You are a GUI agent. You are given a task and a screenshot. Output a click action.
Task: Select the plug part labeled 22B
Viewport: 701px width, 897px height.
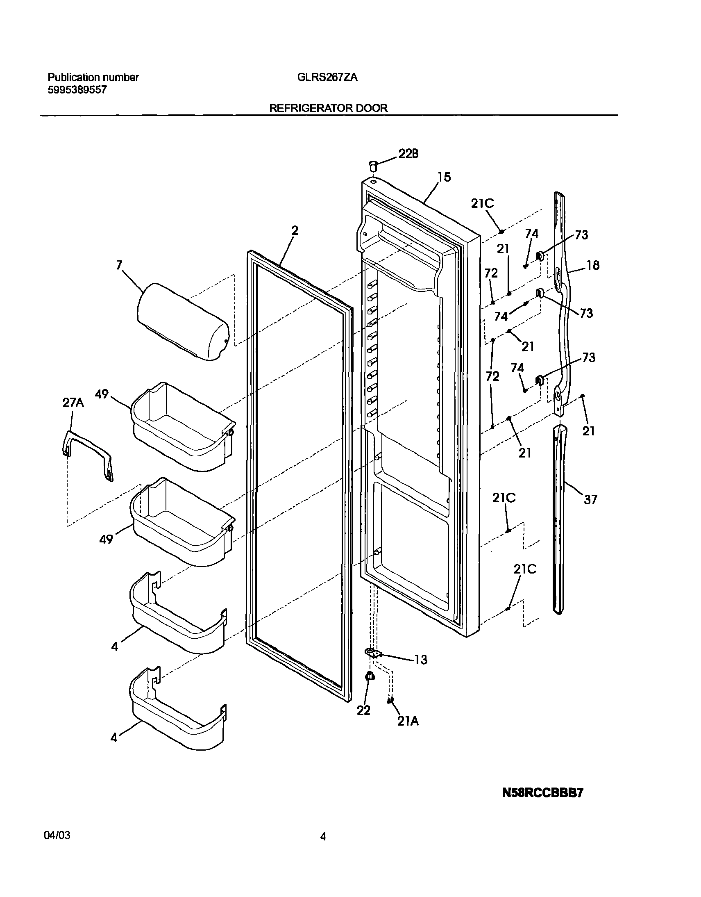coord(373,166)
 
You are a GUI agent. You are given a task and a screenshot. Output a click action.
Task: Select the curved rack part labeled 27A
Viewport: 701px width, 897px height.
coord(87,454)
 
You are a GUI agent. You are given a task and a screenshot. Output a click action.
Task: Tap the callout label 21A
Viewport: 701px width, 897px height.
coord(408,721)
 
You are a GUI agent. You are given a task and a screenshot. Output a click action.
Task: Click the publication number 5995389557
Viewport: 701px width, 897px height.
coord(77,90)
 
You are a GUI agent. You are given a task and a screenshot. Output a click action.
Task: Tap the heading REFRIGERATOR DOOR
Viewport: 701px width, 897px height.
coord(328,108)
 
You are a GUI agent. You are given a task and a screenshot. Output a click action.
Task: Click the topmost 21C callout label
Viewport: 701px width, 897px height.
coord(483,203)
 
